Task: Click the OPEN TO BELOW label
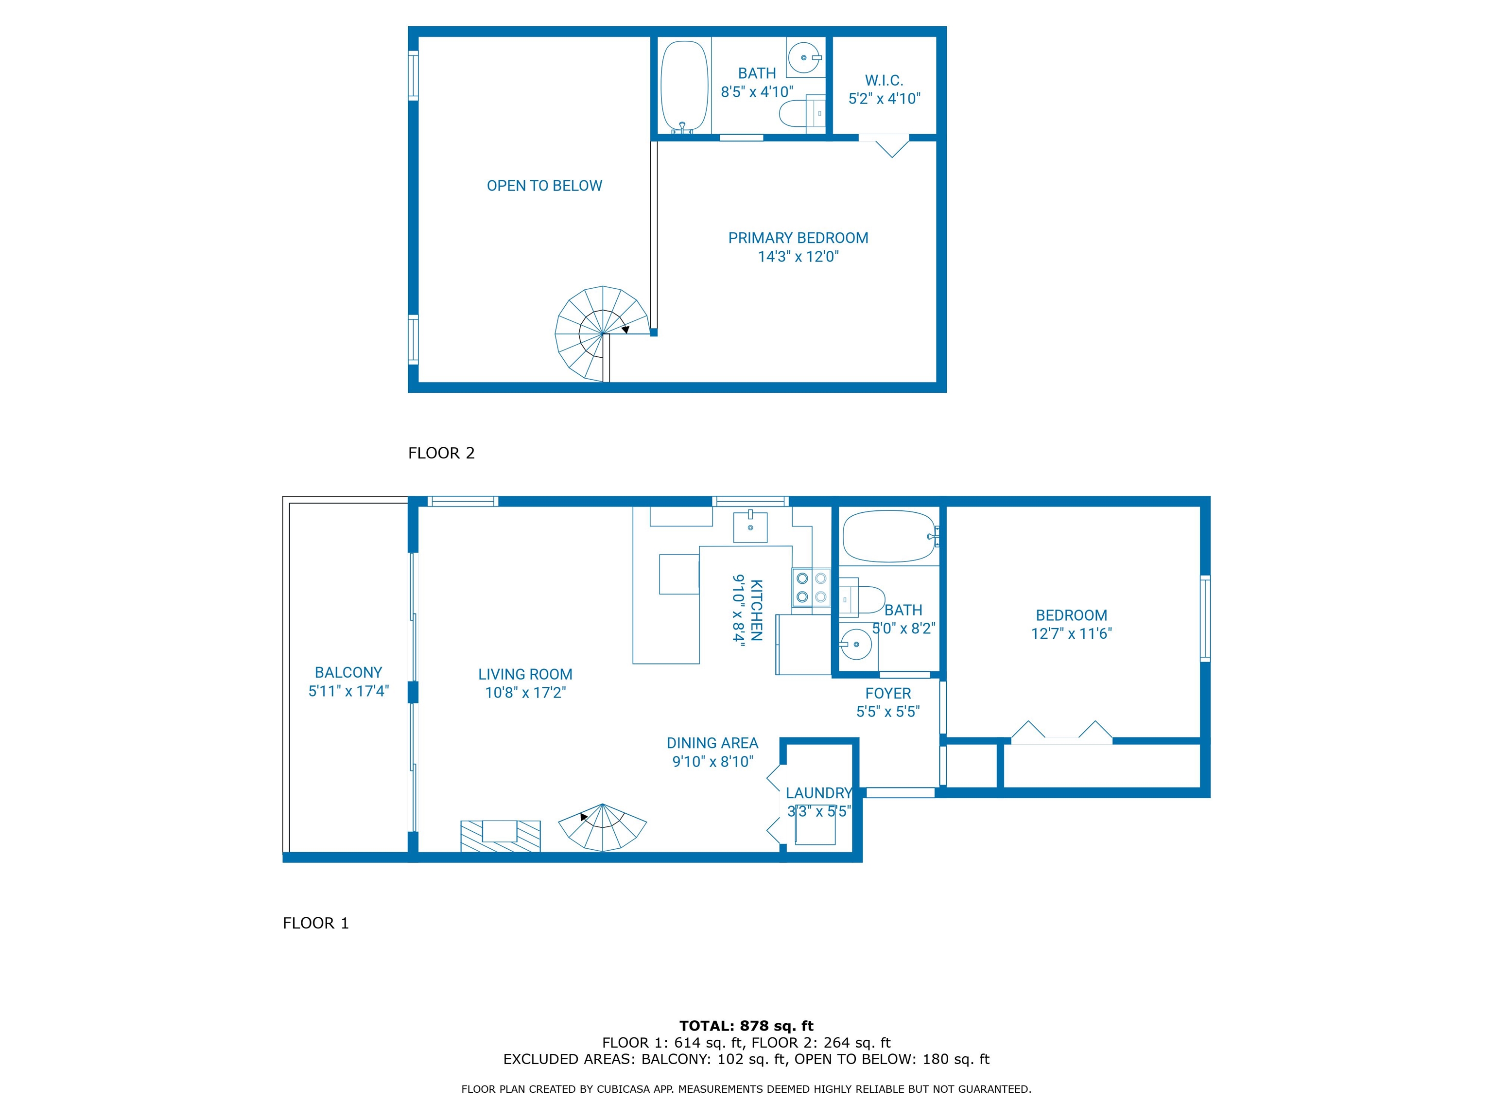point(544,186)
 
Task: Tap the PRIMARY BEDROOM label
point(798,238)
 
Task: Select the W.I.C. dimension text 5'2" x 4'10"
point(884,99)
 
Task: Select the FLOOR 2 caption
point(441,453)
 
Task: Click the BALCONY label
point(348,672)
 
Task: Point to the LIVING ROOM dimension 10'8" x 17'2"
point(525,693)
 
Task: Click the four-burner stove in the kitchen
point(811,587)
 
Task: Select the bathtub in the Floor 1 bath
point(889,537)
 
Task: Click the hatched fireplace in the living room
point(500,835)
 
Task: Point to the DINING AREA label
point(712,743)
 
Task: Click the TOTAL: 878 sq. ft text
point(746,1026)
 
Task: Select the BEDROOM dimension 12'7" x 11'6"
point(1071,633)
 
